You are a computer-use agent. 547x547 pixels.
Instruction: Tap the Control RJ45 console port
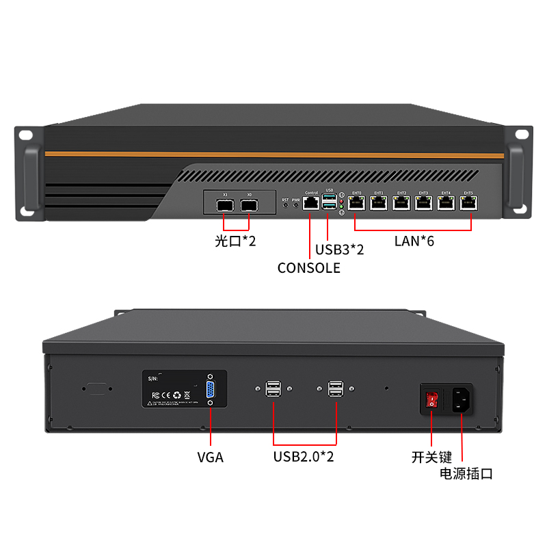pos(311,202)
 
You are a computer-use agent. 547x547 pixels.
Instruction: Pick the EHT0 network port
pos(356,203)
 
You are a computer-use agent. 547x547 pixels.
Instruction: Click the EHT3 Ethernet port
pos(423,203)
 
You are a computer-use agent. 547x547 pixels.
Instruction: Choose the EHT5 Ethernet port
pos(468,203)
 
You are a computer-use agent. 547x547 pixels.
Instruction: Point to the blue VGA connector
pos(210,390)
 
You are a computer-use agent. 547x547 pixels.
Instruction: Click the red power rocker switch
pos(431,399)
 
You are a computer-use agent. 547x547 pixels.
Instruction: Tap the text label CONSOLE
pos(308,268)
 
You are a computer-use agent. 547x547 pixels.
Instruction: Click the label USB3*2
pos(339,250)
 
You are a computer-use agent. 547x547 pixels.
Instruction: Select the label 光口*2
pos(235,241)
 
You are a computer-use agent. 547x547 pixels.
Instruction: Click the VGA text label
pos(210,457)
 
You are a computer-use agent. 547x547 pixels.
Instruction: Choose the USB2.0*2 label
pos(304,457)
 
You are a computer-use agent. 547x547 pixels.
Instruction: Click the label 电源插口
pos(466,473)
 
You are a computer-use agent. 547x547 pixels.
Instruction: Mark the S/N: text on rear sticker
pos(153,377)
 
